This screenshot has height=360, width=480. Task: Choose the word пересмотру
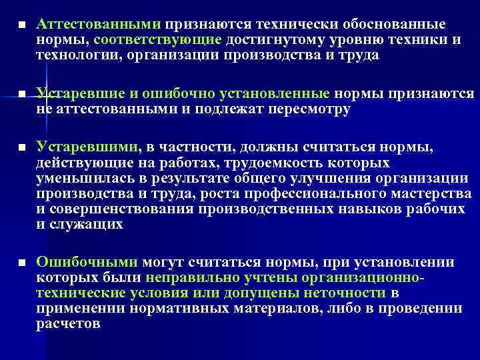(308, 109)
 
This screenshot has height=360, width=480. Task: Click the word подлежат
(236, 109)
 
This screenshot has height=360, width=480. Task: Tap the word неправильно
(206, 278)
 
